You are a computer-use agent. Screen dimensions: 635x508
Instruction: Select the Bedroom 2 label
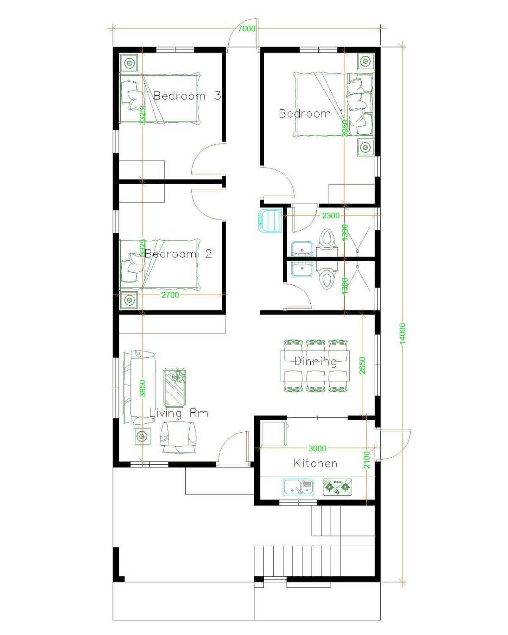coord(178,254)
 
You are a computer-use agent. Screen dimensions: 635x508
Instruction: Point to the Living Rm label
coord(179,413)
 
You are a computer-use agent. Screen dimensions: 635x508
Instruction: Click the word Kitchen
coord(315,464)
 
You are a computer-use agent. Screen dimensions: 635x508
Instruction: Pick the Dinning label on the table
coord(316,362)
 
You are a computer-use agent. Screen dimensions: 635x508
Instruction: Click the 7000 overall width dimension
coord(247,29)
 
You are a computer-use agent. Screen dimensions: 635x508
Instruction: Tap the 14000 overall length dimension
coord(403,334)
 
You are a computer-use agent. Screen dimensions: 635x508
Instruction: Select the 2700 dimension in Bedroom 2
coord(170,295)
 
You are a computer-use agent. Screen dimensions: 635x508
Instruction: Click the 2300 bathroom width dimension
coord(331,215)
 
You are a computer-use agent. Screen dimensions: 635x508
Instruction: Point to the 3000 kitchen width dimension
coord(317,449)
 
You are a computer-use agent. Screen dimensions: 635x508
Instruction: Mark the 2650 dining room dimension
coord(362,365)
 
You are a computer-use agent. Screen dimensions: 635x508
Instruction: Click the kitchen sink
coord(298,487)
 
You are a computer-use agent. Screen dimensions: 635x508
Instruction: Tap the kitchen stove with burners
coord(337,487)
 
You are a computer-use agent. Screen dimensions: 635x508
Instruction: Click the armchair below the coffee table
coord(178,436)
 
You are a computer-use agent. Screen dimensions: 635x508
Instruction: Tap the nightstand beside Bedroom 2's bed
coord(130,300)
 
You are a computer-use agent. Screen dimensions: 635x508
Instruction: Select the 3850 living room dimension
coord(143,388)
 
